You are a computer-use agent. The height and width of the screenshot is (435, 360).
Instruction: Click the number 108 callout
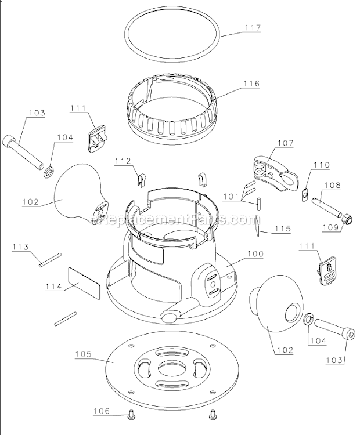click(332, 186)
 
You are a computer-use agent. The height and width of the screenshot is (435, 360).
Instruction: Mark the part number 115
click(283, 229)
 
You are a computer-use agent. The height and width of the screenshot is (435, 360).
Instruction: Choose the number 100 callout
click(254, 253)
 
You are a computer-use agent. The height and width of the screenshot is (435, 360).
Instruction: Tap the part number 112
click(123, 161)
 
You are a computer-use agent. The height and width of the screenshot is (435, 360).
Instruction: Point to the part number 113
click(20, 246)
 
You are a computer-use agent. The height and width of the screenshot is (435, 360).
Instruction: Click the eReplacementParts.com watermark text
click(174, 220)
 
